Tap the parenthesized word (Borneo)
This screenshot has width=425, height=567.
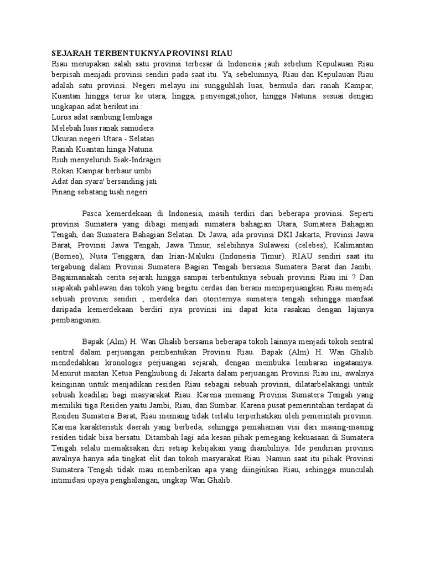pyautogui.click(x=69, y=256)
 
